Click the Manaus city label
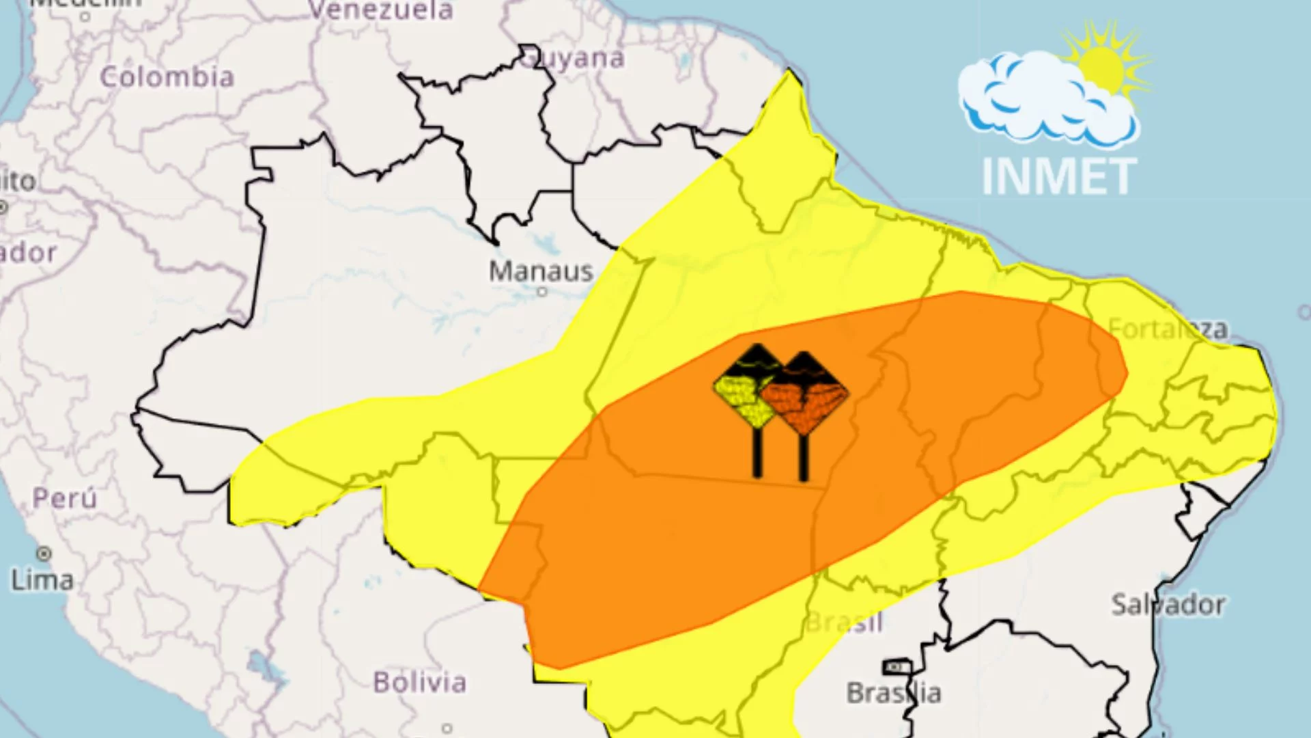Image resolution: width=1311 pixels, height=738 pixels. [x=541, y=271]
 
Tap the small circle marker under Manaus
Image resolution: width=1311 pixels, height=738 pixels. [x=542, y=292]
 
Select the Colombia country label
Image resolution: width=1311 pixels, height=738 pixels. [x=167, y=77]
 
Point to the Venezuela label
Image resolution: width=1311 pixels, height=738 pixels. [x=380, y=10]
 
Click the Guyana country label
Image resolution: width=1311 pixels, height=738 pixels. [x=574, y=59]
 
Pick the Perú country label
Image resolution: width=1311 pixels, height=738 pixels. [x=65, y=498]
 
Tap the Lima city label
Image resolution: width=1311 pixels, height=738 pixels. [x=42, y=581]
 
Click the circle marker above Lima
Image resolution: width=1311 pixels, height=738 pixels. [x=44, y=553]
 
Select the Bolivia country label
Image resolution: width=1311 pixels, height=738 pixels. [x=420, y=682]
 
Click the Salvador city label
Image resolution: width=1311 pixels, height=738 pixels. [x=1168, y=605]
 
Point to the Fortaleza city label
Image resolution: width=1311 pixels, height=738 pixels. [x=1168, y=329]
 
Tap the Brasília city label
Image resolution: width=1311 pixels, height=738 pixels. [x=894, y=693]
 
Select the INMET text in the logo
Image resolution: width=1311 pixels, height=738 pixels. [x=1059, y=176]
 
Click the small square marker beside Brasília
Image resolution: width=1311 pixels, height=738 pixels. [x=897, y=666]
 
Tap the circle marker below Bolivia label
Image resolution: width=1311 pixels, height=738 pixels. [x=447, y=728]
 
